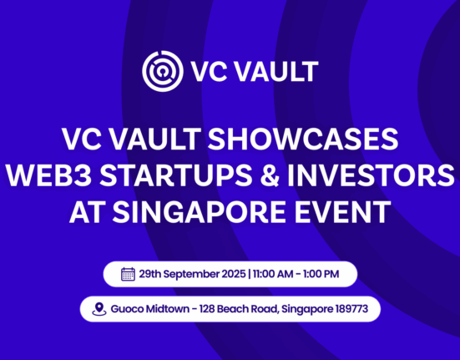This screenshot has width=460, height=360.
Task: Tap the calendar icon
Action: pos(129,274)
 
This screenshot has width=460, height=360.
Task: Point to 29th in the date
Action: pos(152,274)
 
